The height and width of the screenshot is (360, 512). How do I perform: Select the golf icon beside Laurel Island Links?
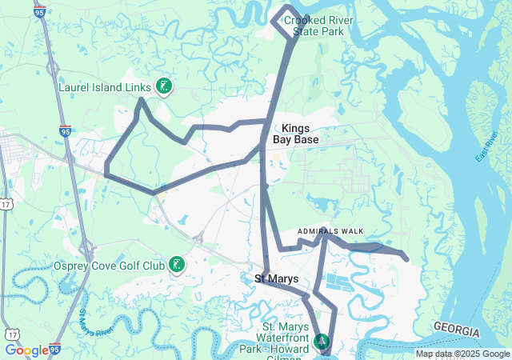(x=163, y=86)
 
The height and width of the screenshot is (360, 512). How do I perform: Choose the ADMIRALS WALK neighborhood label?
(x=330, y=231)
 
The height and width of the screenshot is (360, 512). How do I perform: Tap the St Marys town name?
(x=277, y=279)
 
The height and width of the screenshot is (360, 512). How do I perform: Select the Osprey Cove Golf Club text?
(x=109, y=265)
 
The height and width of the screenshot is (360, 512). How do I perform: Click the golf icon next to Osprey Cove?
(x=177, y=265)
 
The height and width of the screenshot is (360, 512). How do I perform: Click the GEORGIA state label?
(x=457, y=330)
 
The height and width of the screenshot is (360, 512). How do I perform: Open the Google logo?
(x=26, y=350)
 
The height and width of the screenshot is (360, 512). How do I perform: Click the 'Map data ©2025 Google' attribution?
(x=462, y=354)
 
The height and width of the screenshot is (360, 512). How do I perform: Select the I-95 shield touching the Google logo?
(x=55, y=350)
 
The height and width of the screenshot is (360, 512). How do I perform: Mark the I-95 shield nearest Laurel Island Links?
(x=65, y=130)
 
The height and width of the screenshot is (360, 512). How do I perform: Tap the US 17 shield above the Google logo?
(x=11, y=331)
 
